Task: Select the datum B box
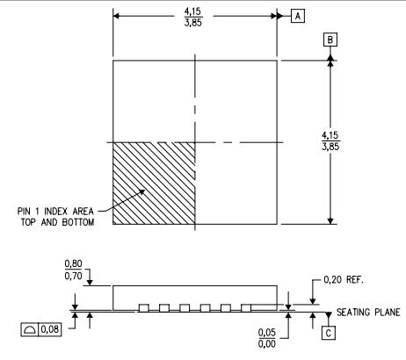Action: click(x=330, y=40)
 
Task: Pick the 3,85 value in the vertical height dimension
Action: click(x=356, y=145)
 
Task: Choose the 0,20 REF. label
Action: click(x=344, y=280)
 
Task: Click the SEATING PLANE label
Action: click(x=368, y=313)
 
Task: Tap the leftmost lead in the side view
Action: click(x=143, y=307)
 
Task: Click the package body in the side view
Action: click(x=195, y=295)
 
